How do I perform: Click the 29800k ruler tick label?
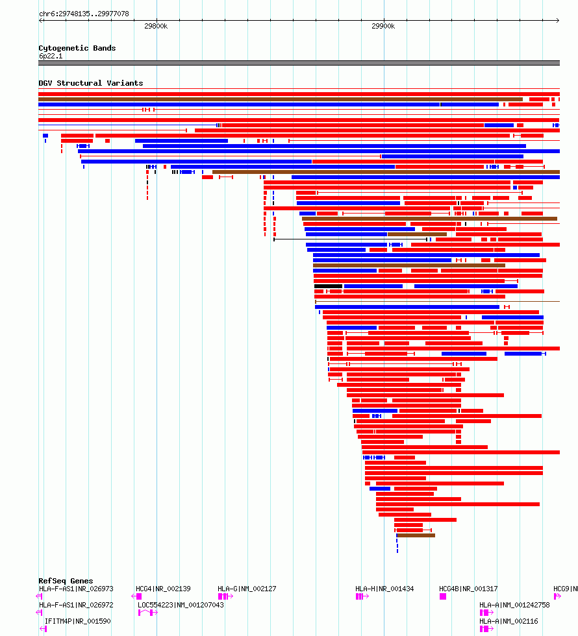(x=156, y=27)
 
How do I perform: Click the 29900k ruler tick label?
(x=383, y=27)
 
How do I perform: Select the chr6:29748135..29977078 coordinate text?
(x=84, y=14)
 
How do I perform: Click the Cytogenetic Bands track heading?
(x=77, y=48)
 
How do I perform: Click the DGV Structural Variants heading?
(x=90, y=83)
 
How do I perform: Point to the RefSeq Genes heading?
(x=66, y=581)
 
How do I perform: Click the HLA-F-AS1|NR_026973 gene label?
(x=76, y=589)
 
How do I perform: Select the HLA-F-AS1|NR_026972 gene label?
(x=76, y=605)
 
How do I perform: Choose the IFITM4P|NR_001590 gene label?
(x=77, y=621)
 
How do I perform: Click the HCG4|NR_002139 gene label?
(x=163, y=589)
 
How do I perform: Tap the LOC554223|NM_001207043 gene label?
(x=181, y=605)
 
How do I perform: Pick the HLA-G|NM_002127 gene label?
(x=247, y=589)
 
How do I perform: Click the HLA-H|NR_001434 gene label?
(x=384, y=589)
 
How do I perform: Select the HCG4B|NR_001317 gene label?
(x=468, y=589)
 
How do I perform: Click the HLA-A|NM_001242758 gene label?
(x=514, y=605)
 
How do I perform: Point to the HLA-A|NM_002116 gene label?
(x=509, y=621)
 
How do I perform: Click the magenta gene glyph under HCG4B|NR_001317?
(x=443, y=596)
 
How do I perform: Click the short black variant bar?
(x=328, y=286)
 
